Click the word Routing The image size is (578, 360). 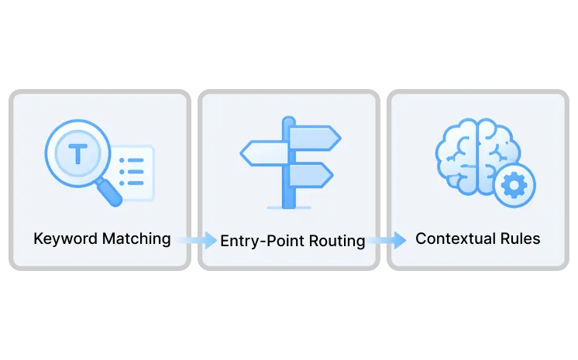click(x=337, y=241)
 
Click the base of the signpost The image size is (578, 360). click(x=289, y=207)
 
